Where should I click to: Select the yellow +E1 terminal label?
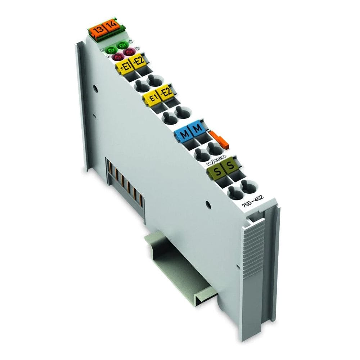point(124,67)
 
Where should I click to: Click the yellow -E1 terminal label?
point(152,97)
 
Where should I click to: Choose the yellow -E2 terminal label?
point(166,93)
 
